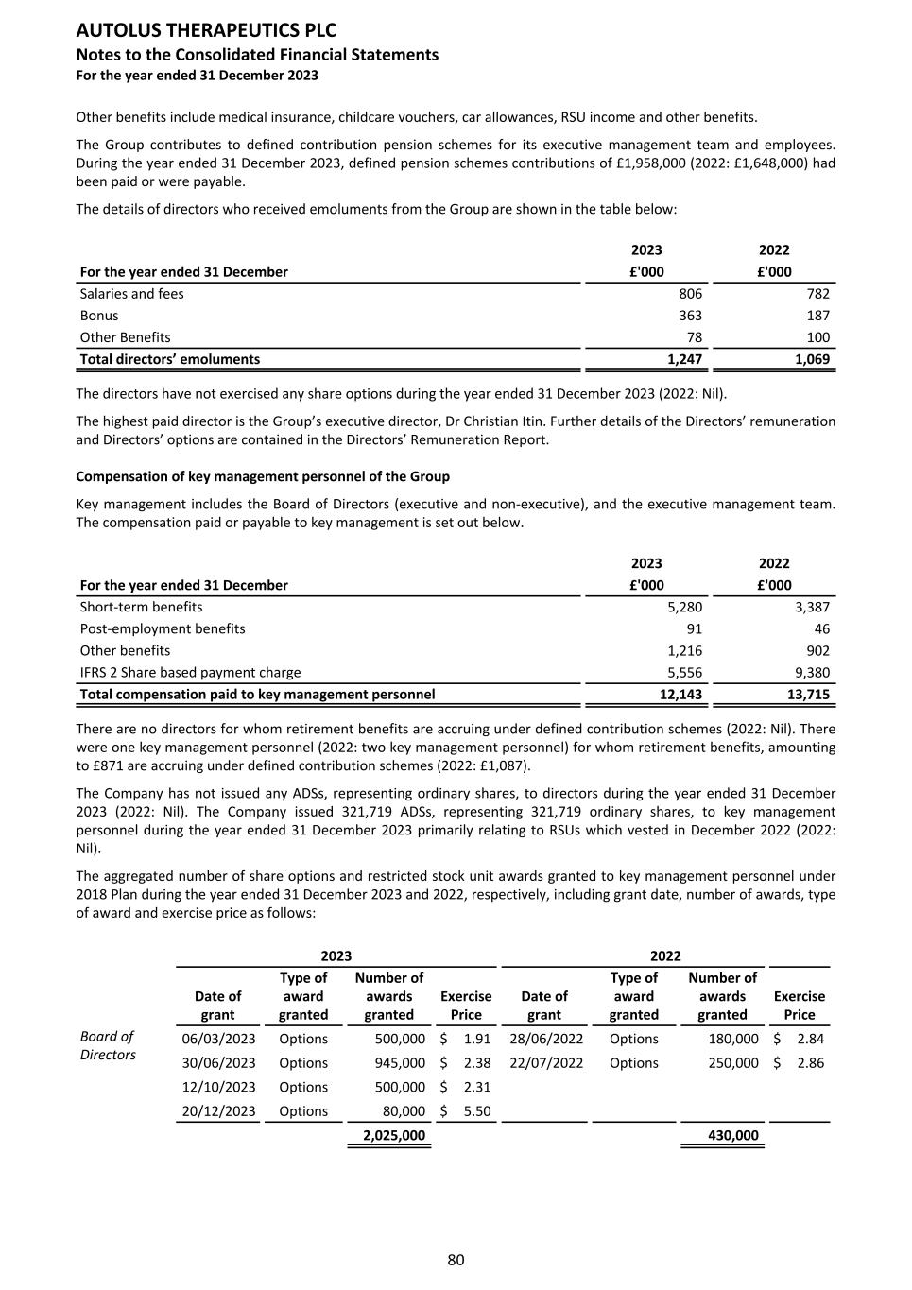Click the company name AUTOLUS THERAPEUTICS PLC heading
click(206, 31)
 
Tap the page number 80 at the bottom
click(456, 1260)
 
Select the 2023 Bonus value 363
click(690, 316)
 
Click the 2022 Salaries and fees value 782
click(817, 294)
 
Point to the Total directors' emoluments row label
click(170, 359)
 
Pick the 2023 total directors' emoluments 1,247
click(684, 359)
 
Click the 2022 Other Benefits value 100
click(817, 337)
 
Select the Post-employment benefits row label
click(163, 628)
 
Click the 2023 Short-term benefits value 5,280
click(684, 607)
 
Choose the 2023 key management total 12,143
click(680, 695)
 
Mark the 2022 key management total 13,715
click(808, 695)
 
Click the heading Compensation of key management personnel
click(263, 476)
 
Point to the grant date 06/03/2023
click(218, 1039)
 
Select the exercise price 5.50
click(477, 1111)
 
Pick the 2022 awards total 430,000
click(733, 1136)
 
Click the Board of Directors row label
click(108, 1046)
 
